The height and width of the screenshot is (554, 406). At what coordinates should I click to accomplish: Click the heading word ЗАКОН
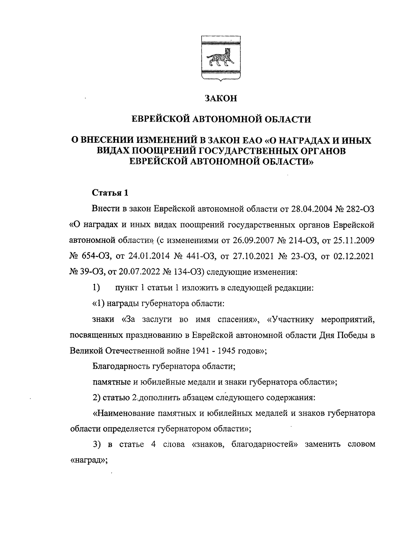coord(221,99)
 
